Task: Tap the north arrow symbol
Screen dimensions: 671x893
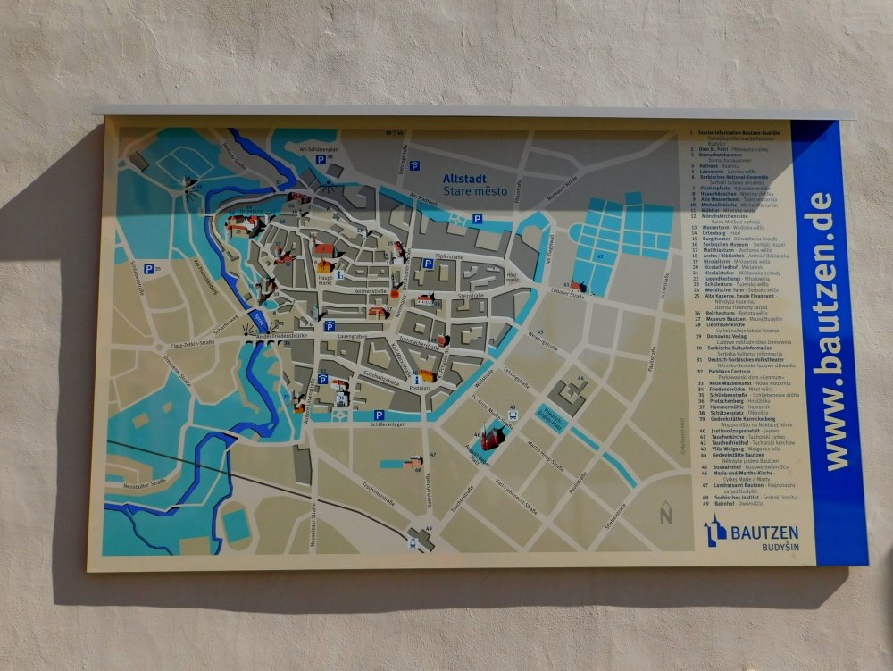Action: (x=665, y=515)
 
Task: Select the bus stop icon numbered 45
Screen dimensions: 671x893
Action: (x=513, y=414)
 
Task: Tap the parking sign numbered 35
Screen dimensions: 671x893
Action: (x=148, y=268)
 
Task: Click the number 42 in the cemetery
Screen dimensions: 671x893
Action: (x=600, y=257)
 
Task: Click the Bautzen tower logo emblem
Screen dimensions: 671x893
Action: (x=715, y=533)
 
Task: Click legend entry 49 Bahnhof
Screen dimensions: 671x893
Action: (x=723, y=502)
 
